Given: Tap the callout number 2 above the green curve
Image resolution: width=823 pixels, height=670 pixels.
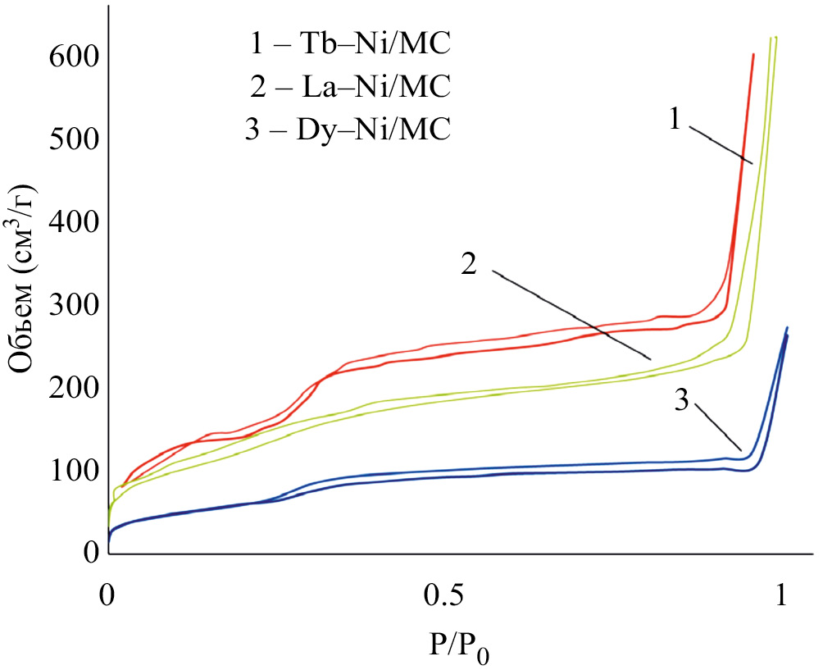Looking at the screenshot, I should click(x=469, y=264).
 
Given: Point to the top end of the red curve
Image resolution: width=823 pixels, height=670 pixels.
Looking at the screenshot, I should click(x=753, y=54).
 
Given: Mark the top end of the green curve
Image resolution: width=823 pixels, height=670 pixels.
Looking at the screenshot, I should click(x=774, y=38).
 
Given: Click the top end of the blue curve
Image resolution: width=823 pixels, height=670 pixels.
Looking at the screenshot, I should click(x=787, y=328).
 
